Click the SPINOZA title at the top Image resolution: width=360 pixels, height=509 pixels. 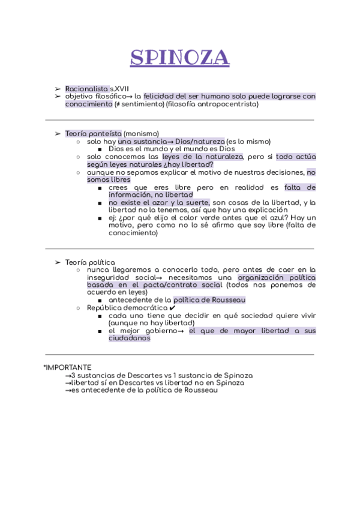point(180,58)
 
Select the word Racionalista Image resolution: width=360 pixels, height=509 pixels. point(83,88)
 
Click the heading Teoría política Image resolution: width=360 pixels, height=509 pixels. point(90,262)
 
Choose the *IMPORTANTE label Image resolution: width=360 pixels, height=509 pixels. point(67,367)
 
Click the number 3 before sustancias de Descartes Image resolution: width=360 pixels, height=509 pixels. point(73,375)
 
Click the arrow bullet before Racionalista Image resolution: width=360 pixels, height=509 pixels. point(58,88)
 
